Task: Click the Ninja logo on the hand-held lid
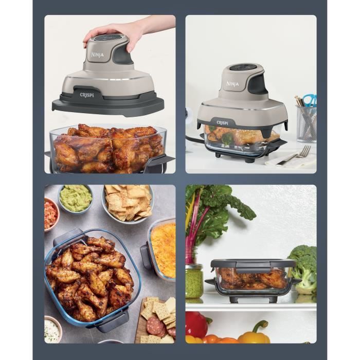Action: click(x=97, y=55)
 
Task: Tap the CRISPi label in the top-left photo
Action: click(x=87, y=95)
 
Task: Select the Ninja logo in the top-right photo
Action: click(x=232, y=83)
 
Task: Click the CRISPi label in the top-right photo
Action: click(x=222, y=122)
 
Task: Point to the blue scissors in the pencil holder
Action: click(x=309, y=100)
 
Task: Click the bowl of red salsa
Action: click(x=50, y=213)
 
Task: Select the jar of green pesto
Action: click(x=194, y=280)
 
